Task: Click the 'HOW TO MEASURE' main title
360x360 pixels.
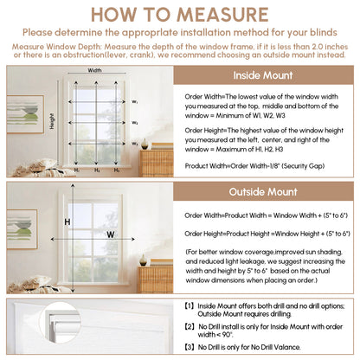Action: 180,15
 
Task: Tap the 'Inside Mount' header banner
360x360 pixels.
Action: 263,75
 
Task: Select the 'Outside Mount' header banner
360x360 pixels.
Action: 263,192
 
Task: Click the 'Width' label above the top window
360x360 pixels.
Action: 94,70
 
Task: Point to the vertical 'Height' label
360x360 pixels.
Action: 52,121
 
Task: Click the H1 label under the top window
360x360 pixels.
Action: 77,170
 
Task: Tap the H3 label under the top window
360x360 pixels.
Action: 117,170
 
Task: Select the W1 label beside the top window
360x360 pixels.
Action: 135,102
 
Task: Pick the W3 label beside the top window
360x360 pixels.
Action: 135,144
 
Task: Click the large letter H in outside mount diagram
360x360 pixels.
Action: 67,222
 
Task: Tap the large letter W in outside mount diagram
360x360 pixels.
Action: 111,235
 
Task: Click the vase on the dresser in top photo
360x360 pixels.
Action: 145,144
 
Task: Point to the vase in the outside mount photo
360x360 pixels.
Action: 143,260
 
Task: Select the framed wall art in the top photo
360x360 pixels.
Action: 25,114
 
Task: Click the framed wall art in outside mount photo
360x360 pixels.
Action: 22,229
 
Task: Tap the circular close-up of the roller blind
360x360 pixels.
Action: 60,323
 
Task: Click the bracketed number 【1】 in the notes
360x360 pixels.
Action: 190,306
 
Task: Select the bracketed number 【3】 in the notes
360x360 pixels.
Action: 190,347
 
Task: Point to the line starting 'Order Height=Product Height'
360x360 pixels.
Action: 267,234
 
